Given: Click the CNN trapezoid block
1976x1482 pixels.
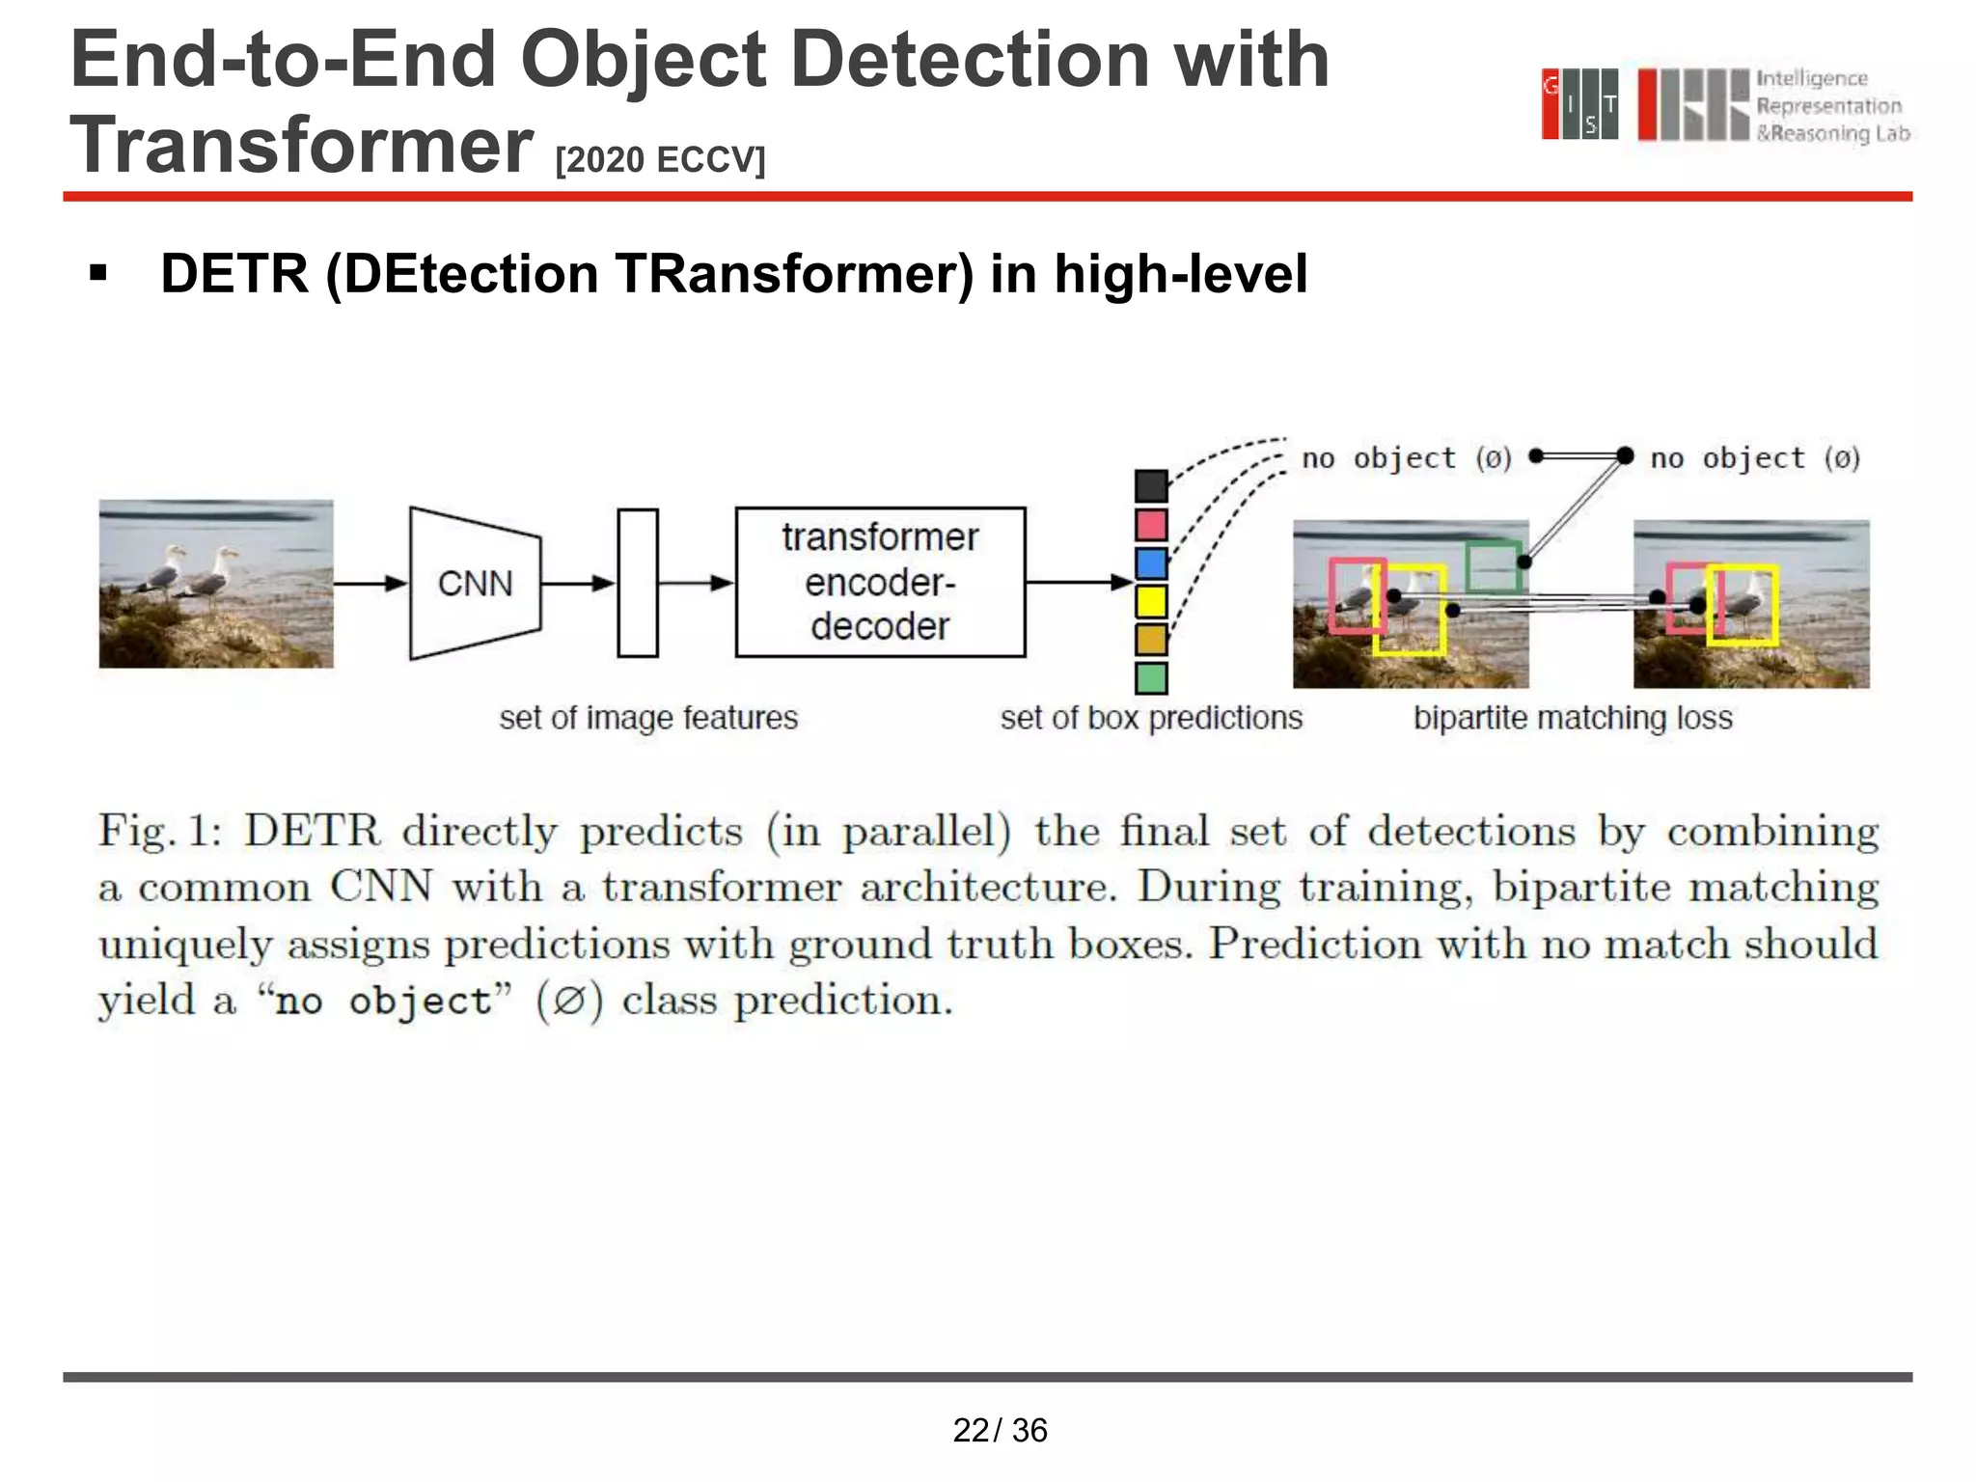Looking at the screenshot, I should click(x=475, y=583).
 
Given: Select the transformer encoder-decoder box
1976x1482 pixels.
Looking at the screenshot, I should click(x=880, y=582).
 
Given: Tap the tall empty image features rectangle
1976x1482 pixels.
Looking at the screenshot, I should click(x=638, y=583).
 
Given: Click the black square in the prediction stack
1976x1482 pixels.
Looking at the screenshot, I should click(x=1151, y=485).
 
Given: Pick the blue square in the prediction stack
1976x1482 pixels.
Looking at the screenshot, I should click(x=1151, y=563).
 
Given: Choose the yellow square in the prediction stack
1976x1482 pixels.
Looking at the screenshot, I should click(x=1151, y=601).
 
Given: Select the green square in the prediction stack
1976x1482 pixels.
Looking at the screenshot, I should click(x=1151, y=677).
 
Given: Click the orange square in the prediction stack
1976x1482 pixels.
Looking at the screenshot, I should click(x=1151, y=639).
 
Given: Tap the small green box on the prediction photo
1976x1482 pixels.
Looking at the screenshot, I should click(x=1494, y=567).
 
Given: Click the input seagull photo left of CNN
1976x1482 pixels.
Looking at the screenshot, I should click(x=216, y=583).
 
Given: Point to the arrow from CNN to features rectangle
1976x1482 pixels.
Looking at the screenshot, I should click(x=578, y=583).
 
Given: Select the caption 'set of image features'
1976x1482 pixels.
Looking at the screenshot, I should click(x=648, y=718).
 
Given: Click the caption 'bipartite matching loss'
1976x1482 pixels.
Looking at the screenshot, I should click(x=1573, y=718).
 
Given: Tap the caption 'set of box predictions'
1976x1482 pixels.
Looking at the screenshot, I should click(x=1151, y=718).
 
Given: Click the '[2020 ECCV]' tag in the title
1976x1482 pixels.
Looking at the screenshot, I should click(x=660, y=159).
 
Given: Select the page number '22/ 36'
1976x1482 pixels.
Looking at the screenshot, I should click(x=1000, y=1430).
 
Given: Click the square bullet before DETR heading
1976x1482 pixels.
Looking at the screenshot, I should click(x=97, y=274).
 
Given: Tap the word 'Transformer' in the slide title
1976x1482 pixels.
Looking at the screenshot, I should click(x=301, y=145).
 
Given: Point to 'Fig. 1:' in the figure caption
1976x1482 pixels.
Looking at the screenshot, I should click(x=160, y=831).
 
